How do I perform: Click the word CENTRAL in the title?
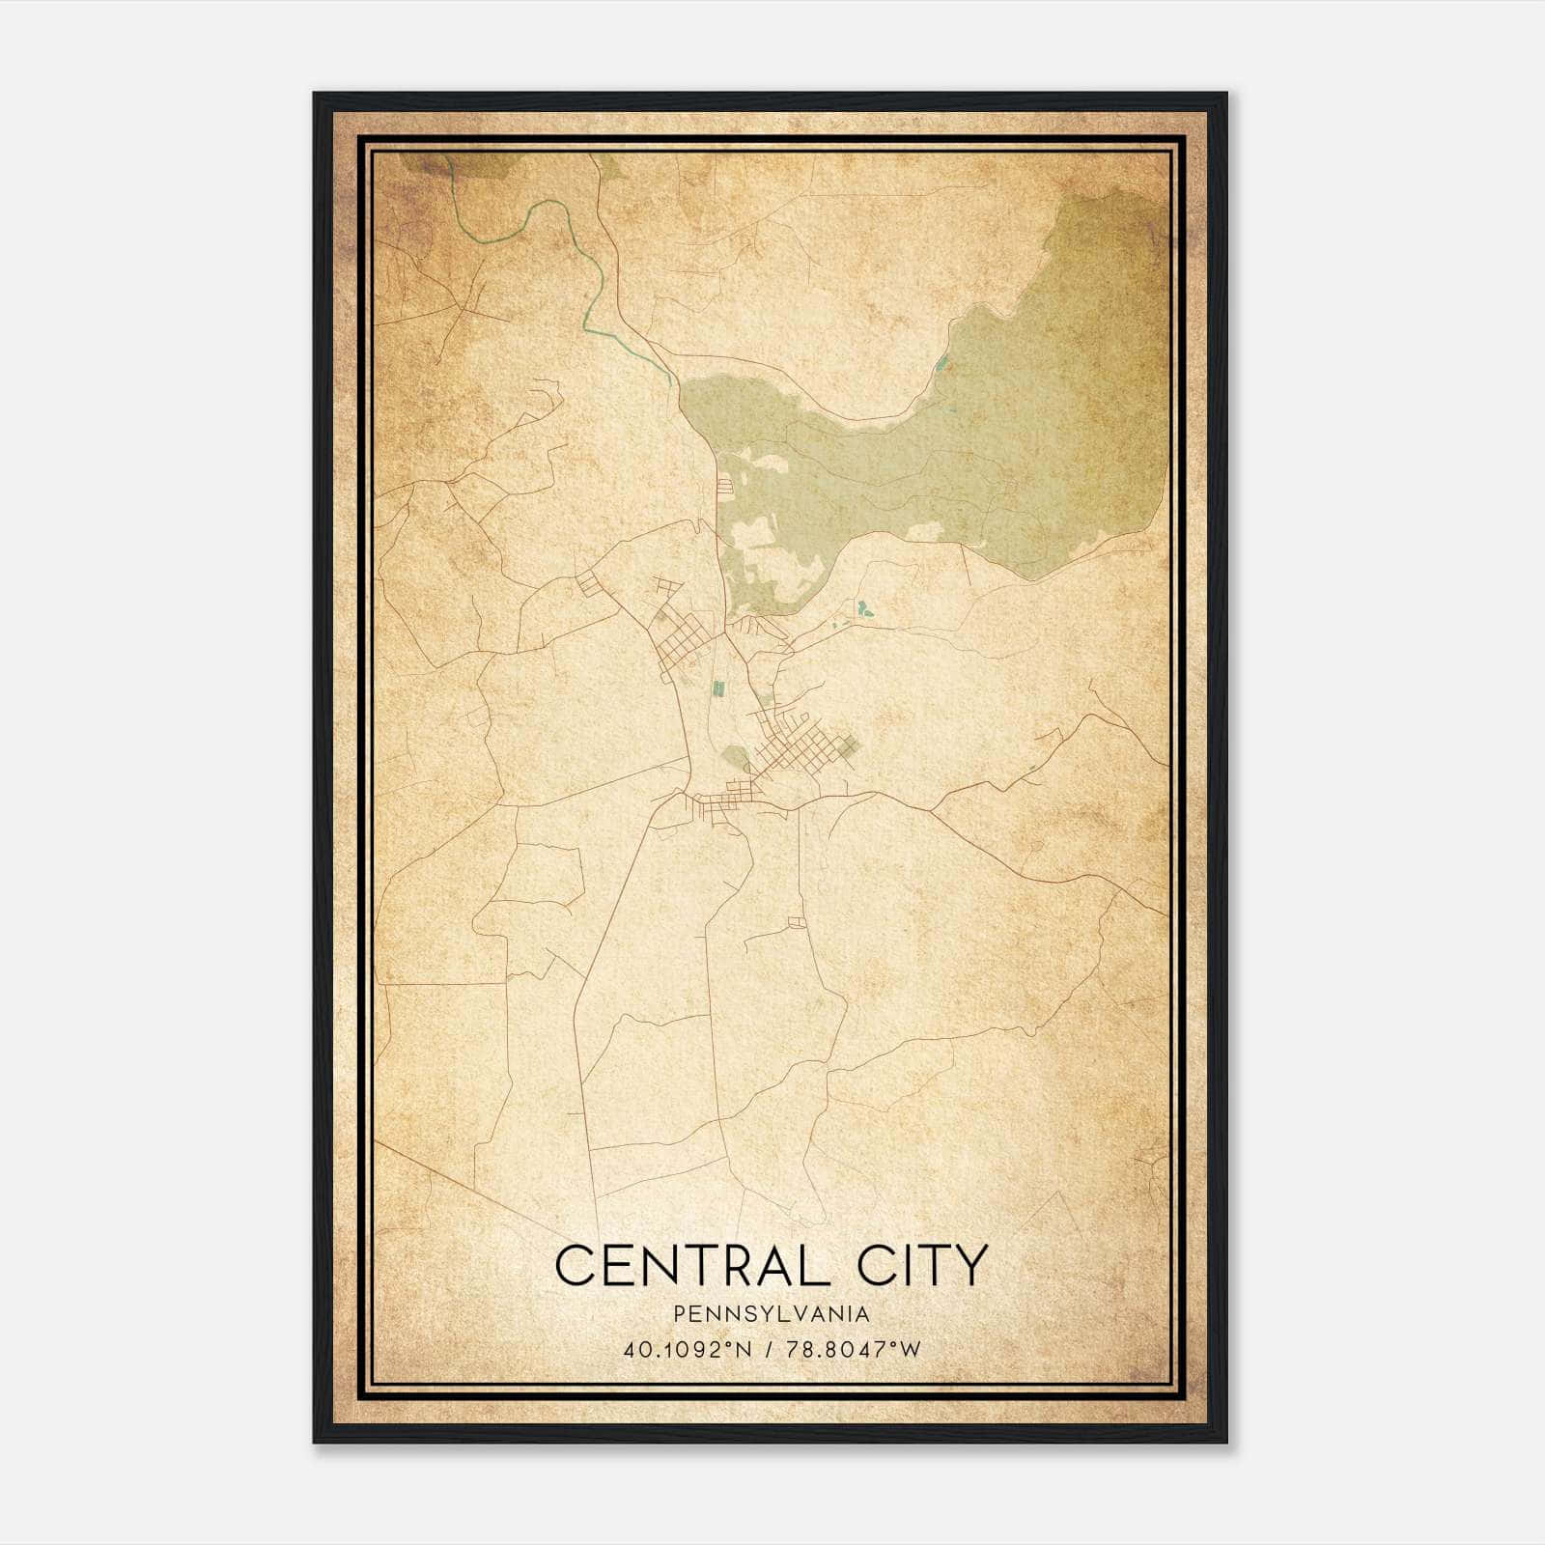(x=692, y=1265)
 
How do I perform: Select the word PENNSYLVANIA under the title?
(x=772, y=1314)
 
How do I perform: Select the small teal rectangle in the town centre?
(x=717, y=688)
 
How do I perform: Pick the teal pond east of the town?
(x=861, y=609)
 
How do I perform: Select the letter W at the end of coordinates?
(x=912, y=1350)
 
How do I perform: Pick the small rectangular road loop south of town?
(x=797, y=922)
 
